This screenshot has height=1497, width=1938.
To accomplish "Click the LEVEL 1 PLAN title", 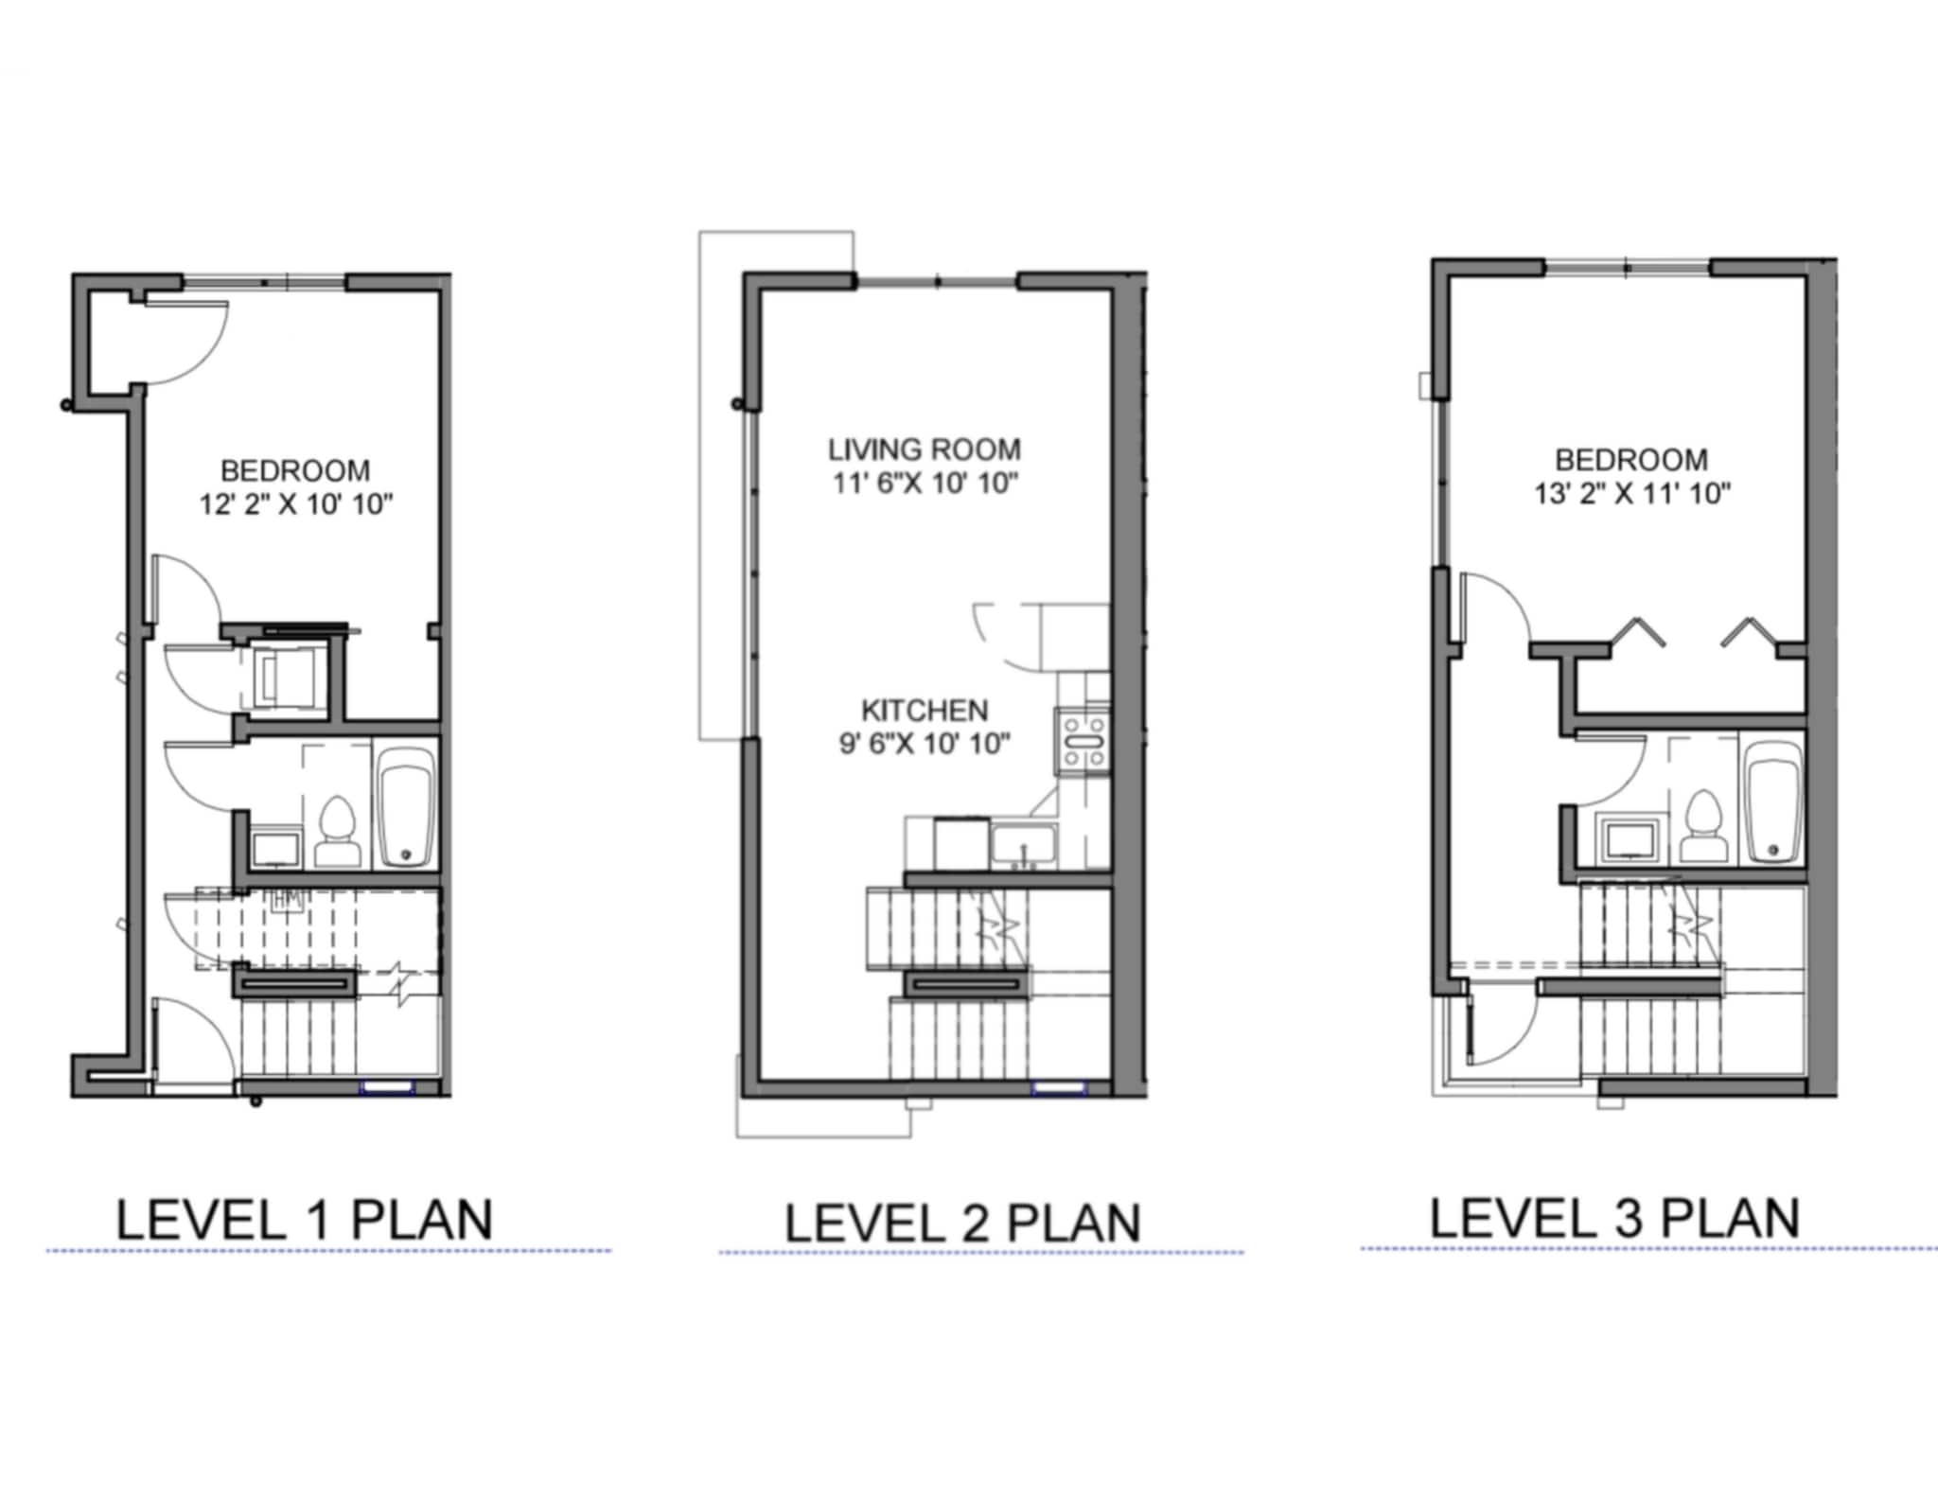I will point(304,1220).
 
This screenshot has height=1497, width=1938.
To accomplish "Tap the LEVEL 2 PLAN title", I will point(962,1224).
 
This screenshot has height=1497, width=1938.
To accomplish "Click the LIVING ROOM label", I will point(925,449).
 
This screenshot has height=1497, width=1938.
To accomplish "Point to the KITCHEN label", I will point(925,711).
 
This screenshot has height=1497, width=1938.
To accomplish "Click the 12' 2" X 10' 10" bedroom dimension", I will point(295,504).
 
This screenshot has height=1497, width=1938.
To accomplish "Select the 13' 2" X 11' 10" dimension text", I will point(1631,494).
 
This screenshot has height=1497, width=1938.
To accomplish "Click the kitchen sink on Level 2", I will point(1023,845).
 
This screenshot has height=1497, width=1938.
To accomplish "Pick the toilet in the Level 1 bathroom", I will point(337,833).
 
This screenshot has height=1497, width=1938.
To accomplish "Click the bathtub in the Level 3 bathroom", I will point(1773,803).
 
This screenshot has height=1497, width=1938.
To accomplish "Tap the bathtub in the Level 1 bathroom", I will point(407,807).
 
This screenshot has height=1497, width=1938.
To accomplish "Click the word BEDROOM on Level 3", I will point(1631,460).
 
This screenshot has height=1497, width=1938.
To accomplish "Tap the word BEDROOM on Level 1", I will point(295,470).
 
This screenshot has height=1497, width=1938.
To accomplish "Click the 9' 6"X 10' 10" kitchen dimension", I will point(925,745).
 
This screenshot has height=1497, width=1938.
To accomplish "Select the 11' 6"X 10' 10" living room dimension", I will point(925,484).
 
